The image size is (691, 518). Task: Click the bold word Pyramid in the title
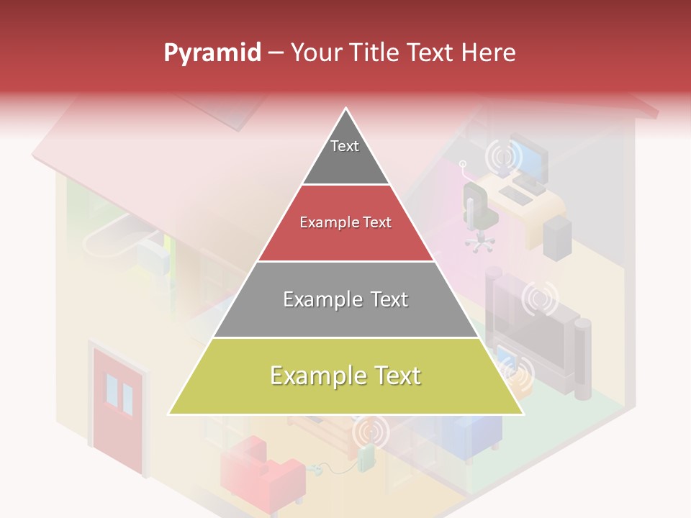pyautogui.click(x=212, y=53)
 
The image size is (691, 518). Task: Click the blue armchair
pyautogui.click(x=471, y=436)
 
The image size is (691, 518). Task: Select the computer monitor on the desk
pyautogui.click(x=530, y=158)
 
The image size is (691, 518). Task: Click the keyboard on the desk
pyautogui.click(x=516, y=194)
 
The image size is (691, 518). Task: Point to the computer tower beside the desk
pyautogui.click(x=557, y=237)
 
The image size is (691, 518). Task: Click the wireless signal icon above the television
pyautogui.click(x=540, y=299)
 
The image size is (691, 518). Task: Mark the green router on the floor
pyautogui.click(x=366, y=458)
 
